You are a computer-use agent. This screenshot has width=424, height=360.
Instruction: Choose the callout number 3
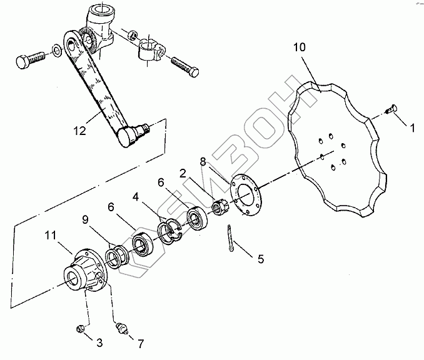click(99, 343)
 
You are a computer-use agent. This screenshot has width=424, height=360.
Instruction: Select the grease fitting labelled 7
click(123, 329)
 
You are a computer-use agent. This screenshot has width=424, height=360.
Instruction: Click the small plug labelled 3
click(80, 328)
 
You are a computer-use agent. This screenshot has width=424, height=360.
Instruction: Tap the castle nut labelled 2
click(219, 206)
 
